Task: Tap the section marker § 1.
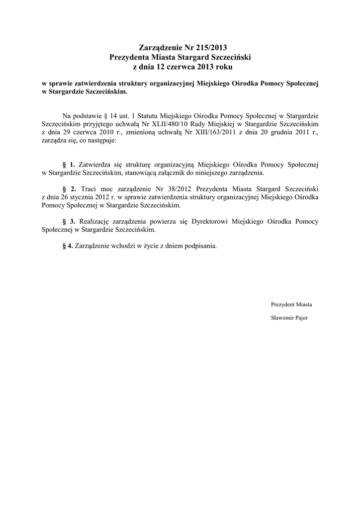pos(69,164)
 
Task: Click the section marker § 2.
pos(69,189)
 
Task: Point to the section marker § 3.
pos(69,221)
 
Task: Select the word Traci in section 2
pos(88,189)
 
